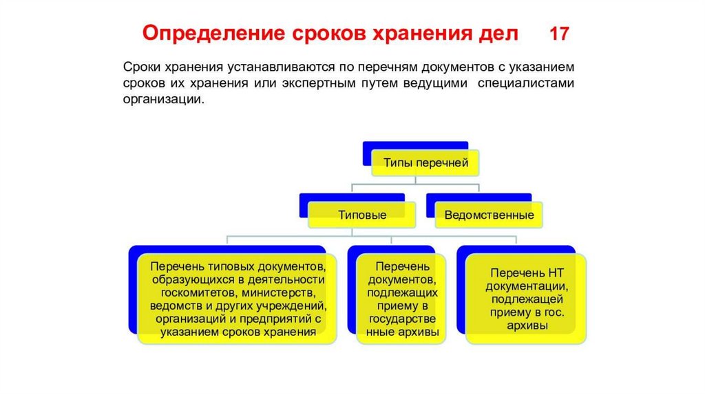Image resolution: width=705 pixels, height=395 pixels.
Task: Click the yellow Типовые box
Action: pyautogui.click(x=361, y=214)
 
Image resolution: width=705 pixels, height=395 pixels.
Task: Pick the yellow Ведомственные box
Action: pyautogui.click(x=489, y=214)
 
